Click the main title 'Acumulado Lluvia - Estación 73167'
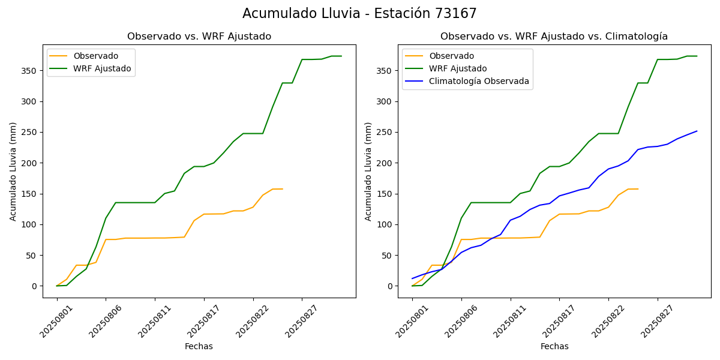click(359, 14)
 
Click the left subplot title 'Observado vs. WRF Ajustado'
click(199, 37)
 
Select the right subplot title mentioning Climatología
click(554, 37)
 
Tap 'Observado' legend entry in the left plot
click(96, 56)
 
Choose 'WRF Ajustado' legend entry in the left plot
click(102, 68)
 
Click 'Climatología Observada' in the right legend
click(479, 81)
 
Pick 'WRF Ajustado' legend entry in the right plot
click(458, 68)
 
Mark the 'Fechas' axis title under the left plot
click(199, 346)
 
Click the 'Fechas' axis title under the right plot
click(554, 346)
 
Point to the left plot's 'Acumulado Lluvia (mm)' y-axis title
click(13, 171)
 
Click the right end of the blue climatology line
click(697, 131)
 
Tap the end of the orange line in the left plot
click(283, 189)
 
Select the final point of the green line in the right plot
click(697, 56)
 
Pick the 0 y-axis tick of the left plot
click(34, 286)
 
